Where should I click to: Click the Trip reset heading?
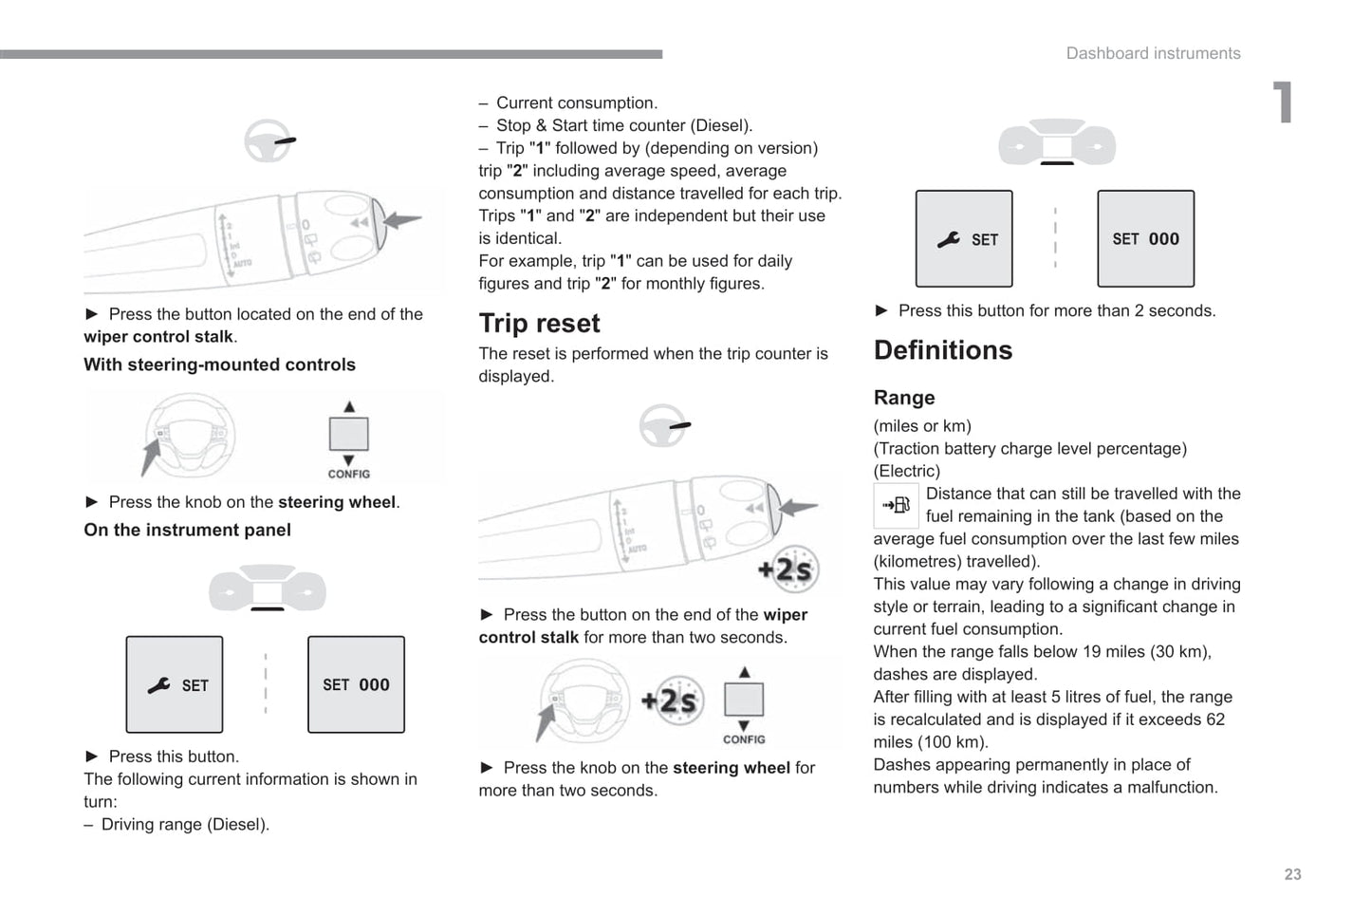click(x=539, y=324)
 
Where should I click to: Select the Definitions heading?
click(x=942, y=350)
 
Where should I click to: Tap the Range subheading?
click(x=903, y=398)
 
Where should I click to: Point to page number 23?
click(x=1292, y=874)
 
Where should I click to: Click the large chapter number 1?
click(x=1283, y=103)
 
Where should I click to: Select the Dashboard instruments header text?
click(x=1153, y=53)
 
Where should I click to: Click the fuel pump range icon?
click(x=896, y=505)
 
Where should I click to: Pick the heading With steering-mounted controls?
click(x=219, y=364)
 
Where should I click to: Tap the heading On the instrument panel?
click(x=187, y=530)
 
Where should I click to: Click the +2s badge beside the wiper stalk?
click(x=787, y=569)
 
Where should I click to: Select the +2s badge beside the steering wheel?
click(x=672, y=700)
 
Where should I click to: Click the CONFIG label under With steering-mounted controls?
click(x=348, y=474)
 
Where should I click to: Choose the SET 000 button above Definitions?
click(x=1145, y=239)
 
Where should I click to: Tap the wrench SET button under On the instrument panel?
click(x=175, y=684)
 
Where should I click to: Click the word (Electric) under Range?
click(x=906, y=471)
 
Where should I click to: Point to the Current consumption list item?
click(x=576, y=103)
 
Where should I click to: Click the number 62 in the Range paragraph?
click(x=1214, y=719)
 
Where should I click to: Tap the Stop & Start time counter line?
click(x=623, y=125)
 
